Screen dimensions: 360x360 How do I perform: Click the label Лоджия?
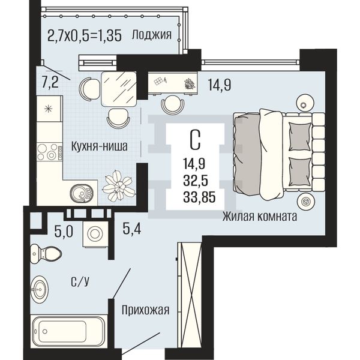(x=152, y=35)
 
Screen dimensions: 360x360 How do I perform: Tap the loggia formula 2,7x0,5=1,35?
(x=84, y=36)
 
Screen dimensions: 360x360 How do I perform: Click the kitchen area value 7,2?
(x=50, y=82)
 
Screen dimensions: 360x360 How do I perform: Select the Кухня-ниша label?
(x=100, y=146)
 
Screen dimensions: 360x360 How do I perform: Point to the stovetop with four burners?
(x=50, y=152)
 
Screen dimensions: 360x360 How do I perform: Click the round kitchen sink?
(x=82, y=194)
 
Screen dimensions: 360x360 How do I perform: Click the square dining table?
(x=119, y=89)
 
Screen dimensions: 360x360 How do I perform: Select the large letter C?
(x=196, y=140)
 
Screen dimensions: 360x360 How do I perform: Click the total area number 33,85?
(x=199, y=197)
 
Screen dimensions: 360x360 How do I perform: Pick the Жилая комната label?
(x=259, y=216)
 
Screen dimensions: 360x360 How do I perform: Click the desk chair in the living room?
(x=172, y=104)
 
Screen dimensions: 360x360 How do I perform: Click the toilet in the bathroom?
(x=46, y=254)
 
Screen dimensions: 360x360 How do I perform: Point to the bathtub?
(x=68, y=331)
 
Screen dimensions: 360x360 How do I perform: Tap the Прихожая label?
(x=146, y=310)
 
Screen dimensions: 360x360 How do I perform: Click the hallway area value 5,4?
(x=132, y=229)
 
